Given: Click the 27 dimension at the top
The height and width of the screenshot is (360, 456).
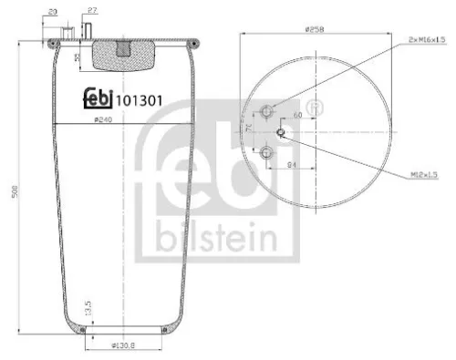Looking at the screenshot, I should click(93, 11).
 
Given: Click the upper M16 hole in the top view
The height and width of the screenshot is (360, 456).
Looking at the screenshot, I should click(267, 112).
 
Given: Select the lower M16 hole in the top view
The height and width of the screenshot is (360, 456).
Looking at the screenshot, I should click(267, 151).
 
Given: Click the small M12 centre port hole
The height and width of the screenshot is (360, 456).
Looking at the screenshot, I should click(282, 130).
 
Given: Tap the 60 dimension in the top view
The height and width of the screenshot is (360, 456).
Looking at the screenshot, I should click(297, 117).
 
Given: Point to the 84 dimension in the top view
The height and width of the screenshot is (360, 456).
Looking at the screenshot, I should click(291, 165).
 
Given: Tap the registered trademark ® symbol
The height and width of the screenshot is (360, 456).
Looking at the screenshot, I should click(316, 107).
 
